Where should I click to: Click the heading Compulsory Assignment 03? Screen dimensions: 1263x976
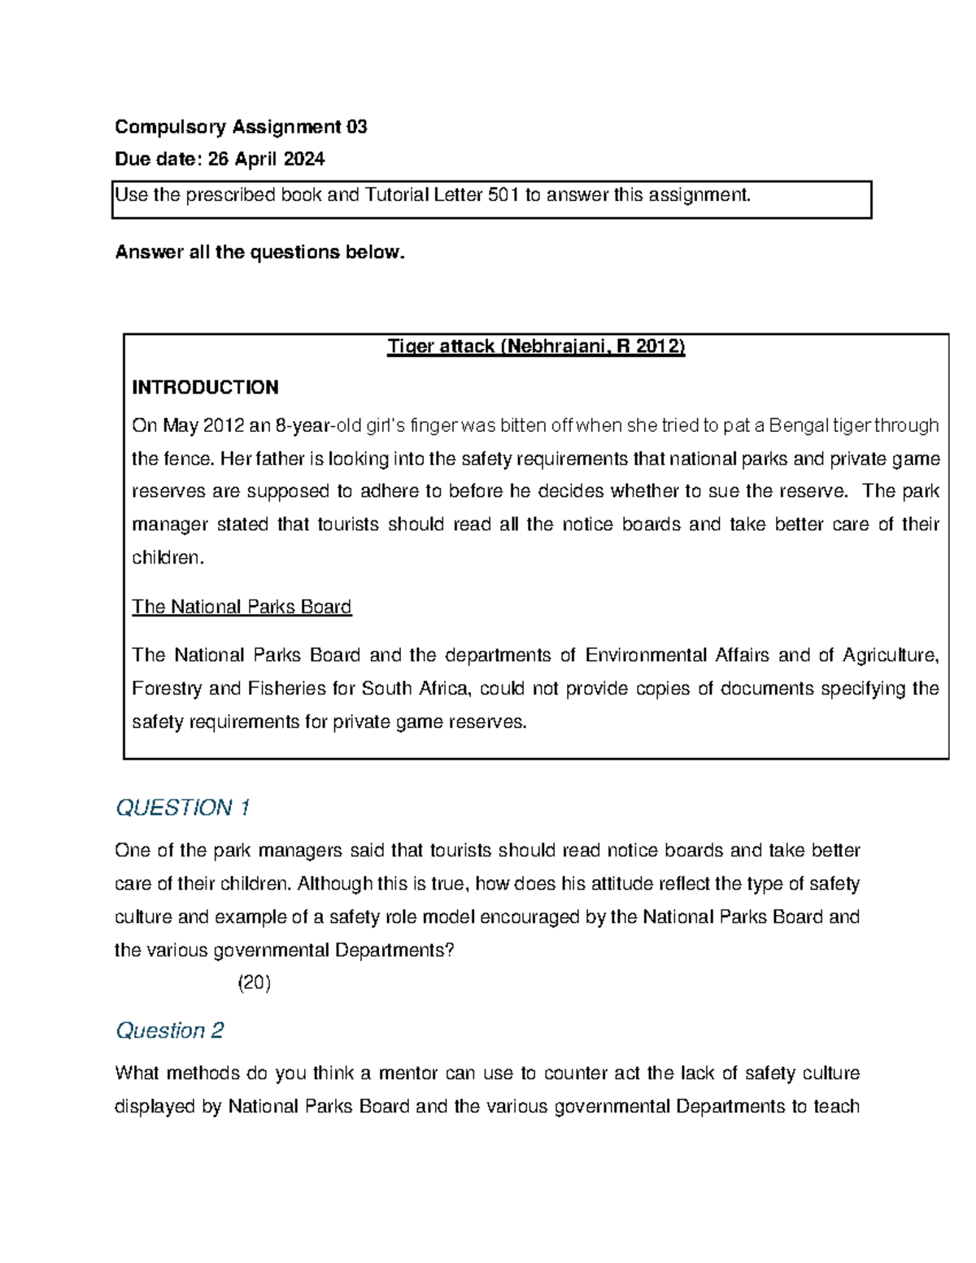pyautogui.click(x=241, y=127)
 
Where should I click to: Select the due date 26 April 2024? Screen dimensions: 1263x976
pyautogui.click(x=266, y=159)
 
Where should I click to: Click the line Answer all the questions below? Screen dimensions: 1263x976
pyautogui.click(x=259, y=252)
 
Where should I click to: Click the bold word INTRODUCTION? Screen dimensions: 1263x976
pyautogui.click(x=205, y=387)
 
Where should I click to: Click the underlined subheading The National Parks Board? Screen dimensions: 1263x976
pyautogui.click(x=242, y=608)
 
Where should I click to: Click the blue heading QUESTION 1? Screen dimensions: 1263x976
pyautogui.click(x=182, y=808)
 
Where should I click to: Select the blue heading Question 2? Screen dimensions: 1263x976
pyautogui.click(x=169, y=1030)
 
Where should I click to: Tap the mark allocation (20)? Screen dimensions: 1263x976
pyautogui.click(x=254, y=983)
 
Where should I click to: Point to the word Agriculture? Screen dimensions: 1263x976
pyautogui.click(x=891, y=655)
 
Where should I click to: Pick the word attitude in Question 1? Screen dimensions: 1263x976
pyautogui.click(x=598, y=884)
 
